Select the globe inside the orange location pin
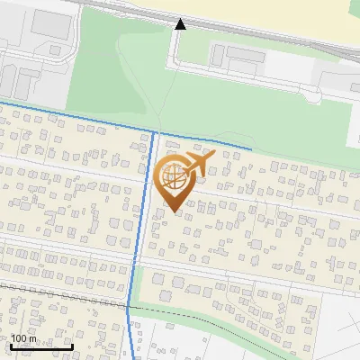pyautogui.click(x=174, y=178)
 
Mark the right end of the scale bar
pyautogui.click(x=73, y=346)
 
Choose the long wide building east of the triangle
pyautogui.click(x=245, y=56)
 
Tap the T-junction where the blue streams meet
pyautogui.click(x=155, y=133)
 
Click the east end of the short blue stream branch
pyautogui.click(x=250, y=147)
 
